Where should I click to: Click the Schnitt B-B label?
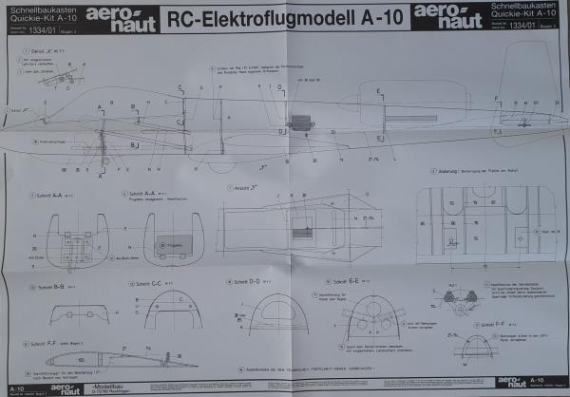pos(47,284)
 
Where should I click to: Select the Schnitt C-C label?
pos(148,284)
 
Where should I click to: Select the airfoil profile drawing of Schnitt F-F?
pos(100,360)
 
